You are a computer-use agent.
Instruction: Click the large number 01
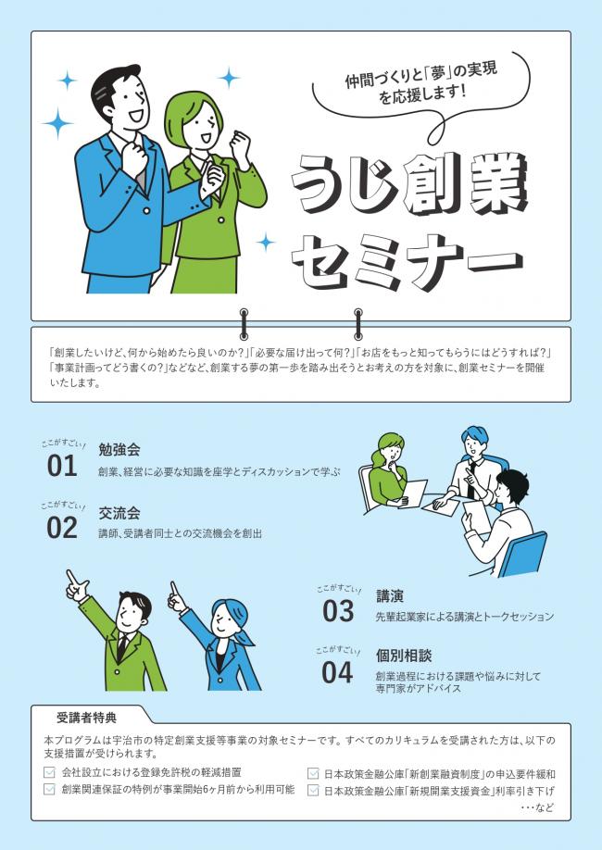tap(62, 466)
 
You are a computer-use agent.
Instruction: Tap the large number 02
tap(62, 527)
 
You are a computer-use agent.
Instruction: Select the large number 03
tap(338, 611)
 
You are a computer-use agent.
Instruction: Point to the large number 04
tap(338, 672)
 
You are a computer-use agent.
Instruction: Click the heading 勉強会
tap(119, 450)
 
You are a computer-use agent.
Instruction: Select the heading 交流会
tap(119, 512)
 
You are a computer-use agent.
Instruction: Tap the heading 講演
tap(390, 595)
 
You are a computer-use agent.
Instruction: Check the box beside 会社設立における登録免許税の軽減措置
tap(50, 772)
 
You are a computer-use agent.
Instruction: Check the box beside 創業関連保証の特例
tap(50, 790)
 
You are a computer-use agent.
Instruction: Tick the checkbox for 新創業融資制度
tap(313, 773)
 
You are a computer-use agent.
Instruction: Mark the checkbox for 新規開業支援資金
tap(313, 791)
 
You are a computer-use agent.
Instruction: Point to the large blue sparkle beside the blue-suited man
tap(57, 121)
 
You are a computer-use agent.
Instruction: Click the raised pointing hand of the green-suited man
tap(74, 584)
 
